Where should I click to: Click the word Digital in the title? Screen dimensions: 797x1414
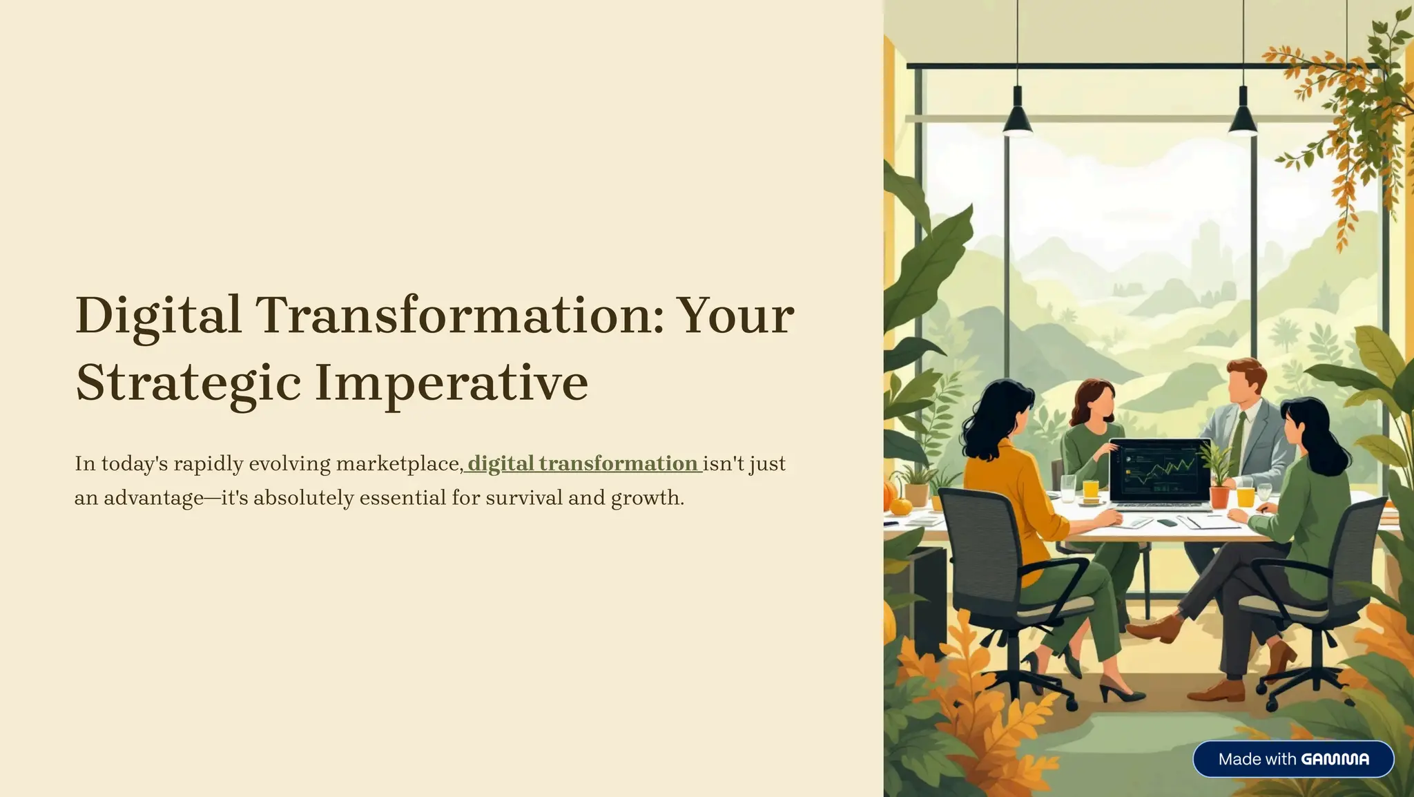158,316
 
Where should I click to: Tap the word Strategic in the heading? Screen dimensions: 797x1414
188,382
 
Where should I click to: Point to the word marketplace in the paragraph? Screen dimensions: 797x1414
399,463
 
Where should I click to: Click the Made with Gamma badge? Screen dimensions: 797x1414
1293,759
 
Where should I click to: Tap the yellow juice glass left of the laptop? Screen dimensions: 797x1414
1090,490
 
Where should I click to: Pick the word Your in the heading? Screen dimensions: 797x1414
735,316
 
